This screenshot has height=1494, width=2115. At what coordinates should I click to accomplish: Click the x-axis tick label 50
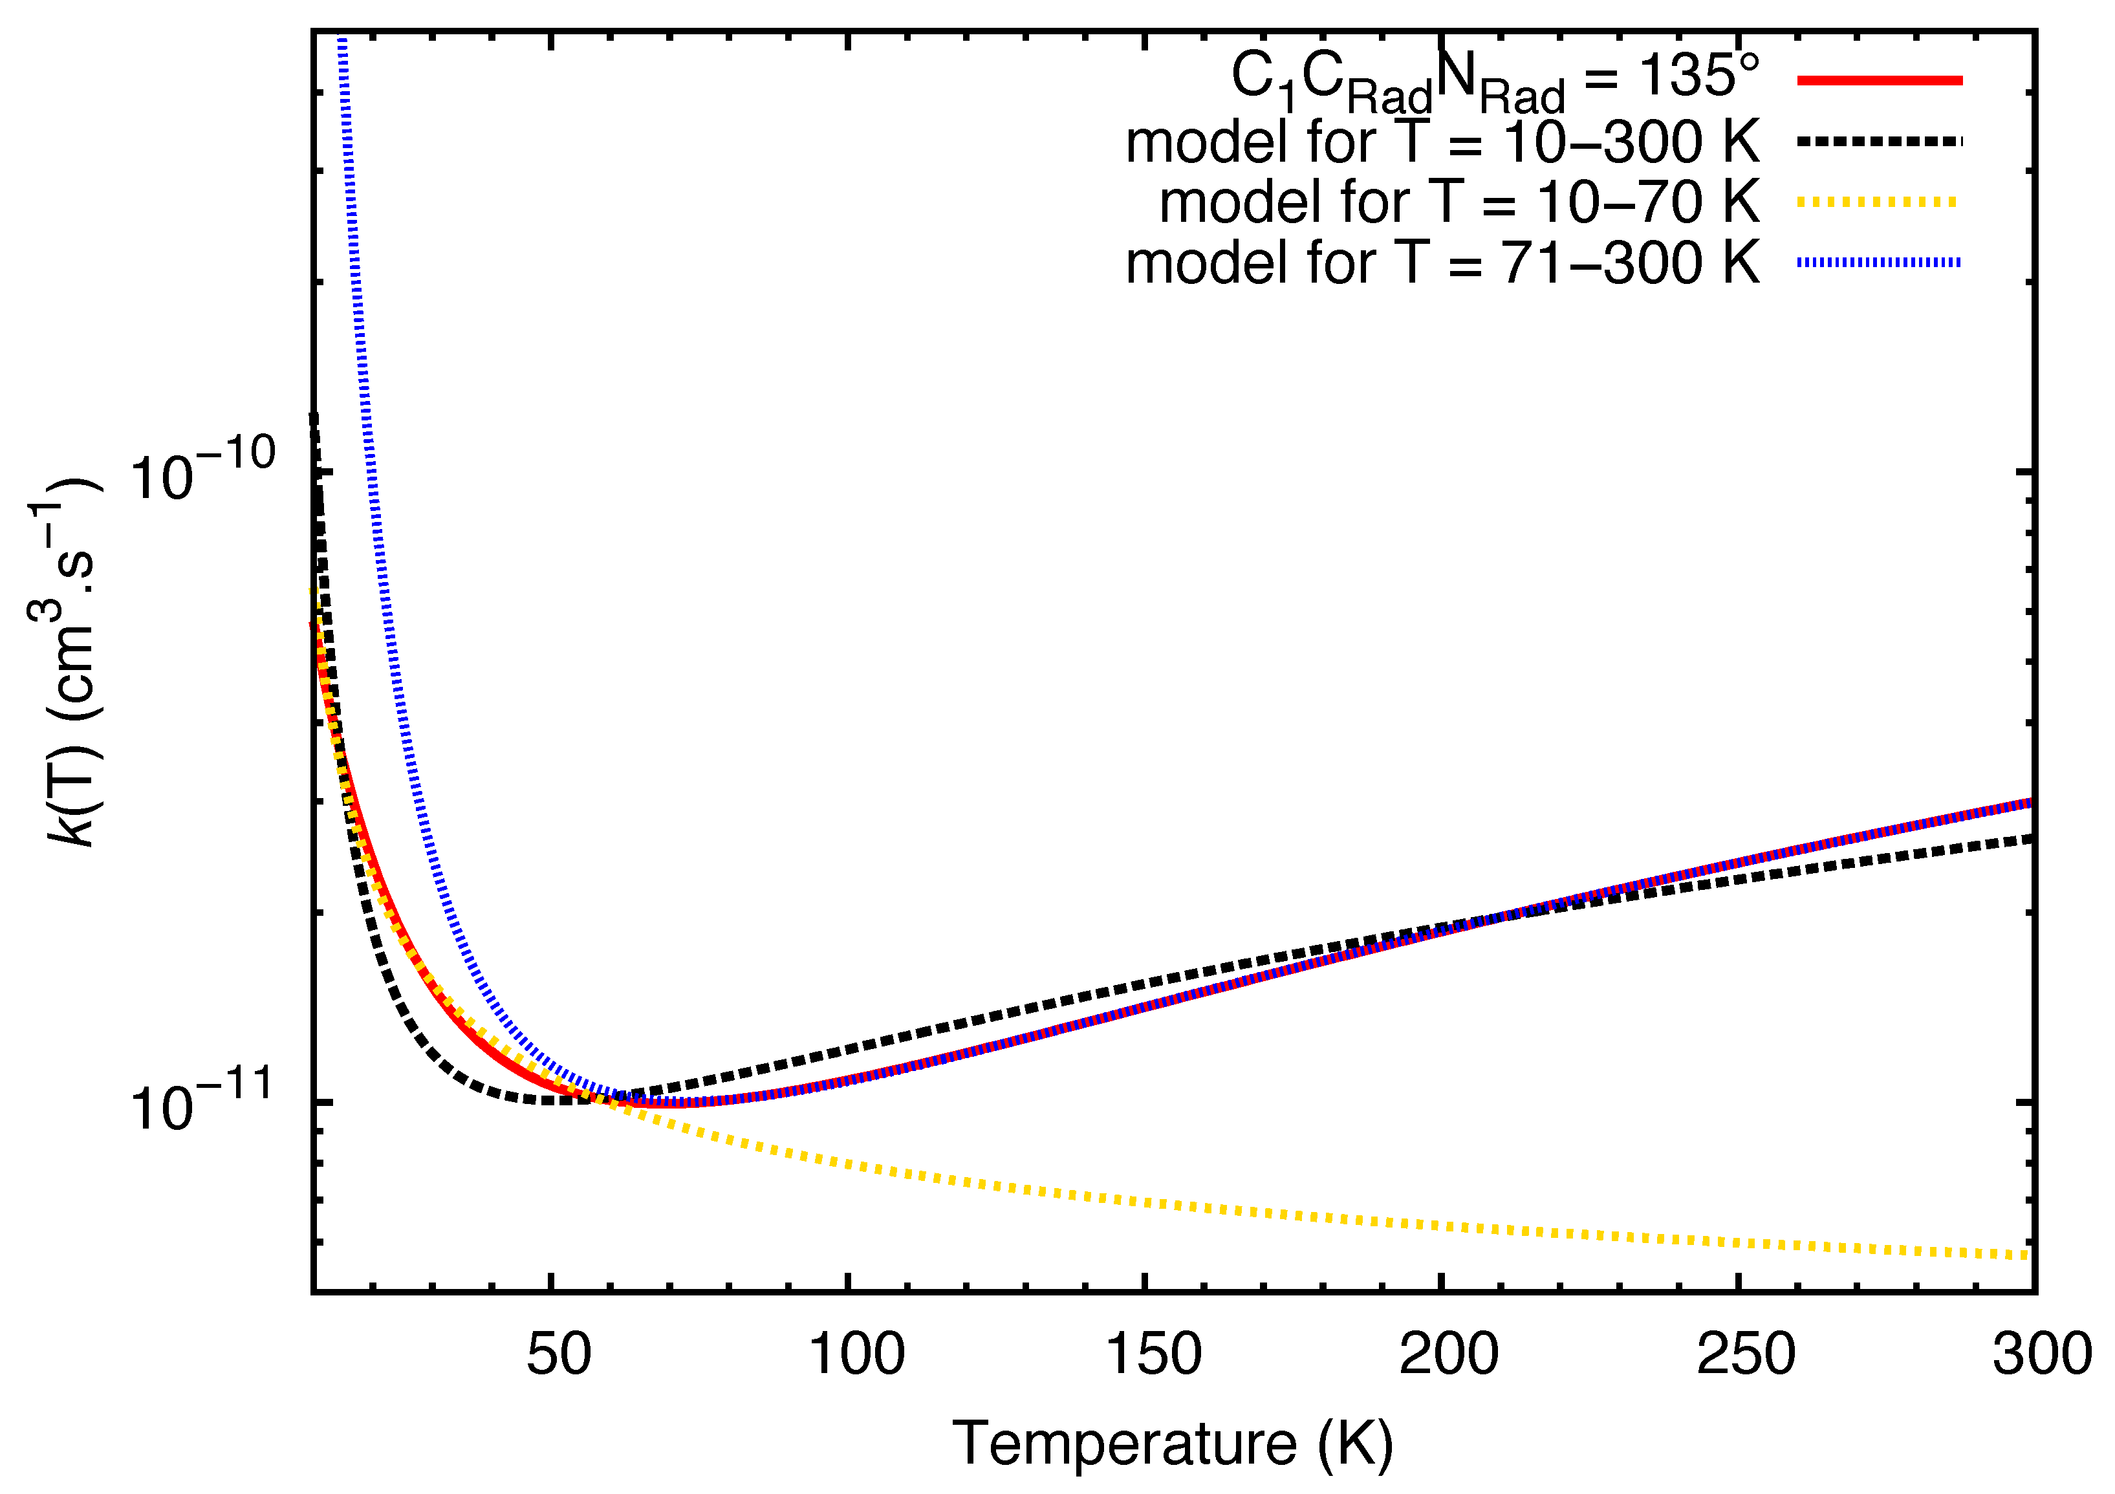click(x=558, y=1355)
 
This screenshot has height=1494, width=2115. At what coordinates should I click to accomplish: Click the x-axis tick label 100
click(x=856, y=1355)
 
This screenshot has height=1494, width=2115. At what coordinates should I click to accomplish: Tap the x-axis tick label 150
click(x=1153, y=1355)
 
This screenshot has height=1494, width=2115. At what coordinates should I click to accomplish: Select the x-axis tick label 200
click(x=1448, y=1355)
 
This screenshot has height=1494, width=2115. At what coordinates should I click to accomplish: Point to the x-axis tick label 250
click(x=1746, y=1355)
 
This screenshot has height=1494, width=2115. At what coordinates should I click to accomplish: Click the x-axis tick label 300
click(x=2041, y=1355)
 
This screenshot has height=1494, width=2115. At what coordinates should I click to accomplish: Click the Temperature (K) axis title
click(x=1172, y=1444)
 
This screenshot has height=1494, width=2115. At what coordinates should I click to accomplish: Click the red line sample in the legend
click(x=1879, y=81)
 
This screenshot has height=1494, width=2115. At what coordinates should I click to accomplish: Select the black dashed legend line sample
click(x=1879, y=142)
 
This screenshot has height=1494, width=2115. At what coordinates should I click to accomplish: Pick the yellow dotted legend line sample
click(x=1879, y=202)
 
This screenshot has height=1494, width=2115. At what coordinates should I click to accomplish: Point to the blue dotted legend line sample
click(x=1879, y=263)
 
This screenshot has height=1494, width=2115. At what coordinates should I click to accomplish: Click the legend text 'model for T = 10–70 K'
click(x=1459, y=202)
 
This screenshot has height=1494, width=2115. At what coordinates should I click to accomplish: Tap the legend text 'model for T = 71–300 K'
click(x=1442, y=263)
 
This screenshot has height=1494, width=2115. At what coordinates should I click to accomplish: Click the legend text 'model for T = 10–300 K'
click(x=1442, y=142)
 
